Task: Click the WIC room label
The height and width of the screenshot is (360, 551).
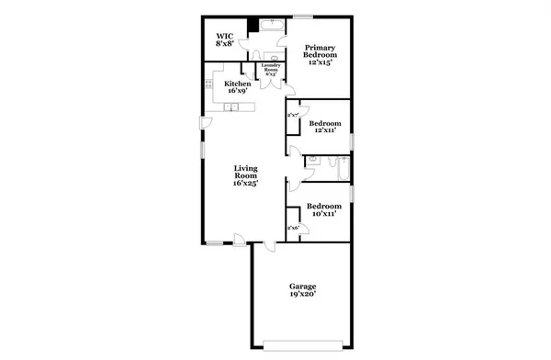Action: pos(225,37)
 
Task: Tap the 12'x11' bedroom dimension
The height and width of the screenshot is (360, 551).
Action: pos(324,130)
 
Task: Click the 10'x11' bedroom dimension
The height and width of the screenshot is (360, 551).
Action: pos(323,213)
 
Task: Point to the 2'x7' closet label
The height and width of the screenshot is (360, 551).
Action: pos(293,116)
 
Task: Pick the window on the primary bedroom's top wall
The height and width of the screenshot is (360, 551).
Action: pos(303,17)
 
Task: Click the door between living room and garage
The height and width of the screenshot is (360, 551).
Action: pos(269,244)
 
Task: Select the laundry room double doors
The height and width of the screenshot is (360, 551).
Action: pos(271,82)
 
